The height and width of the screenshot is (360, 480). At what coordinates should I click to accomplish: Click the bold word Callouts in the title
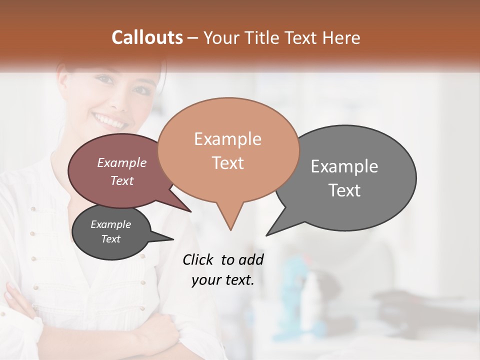147,37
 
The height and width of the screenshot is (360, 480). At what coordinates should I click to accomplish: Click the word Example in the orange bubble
227,139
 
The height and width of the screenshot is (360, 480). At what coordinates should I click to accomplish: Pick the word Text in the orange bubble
228,163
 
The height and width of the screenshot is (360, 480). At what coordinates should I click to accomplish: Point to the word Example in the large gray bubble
344,166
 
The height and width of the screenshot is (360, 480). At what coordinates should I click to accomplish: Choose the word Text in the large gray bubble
344,190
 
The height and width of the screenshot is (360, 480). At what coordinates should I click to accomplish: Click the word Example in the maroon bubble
121,162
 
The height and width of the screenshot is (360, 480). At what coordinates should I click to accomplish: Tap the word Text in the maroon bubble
122,180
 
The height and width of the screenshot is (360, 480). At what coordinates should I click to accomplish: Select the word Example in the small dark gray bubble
110,224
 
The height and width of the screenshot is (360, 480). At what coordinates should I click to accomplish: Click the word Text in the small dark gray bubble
110,239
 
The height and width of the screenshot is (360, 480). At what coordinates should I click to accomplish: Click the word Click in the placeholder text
199,259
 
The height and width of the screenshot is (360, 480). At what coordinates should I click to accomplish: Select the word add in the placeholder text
250,259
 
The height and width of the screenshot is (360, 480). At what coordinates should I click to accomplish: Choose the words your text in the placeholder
223,280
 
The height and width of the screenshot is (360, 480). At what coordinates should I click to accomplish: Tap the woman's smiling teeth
109,120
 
